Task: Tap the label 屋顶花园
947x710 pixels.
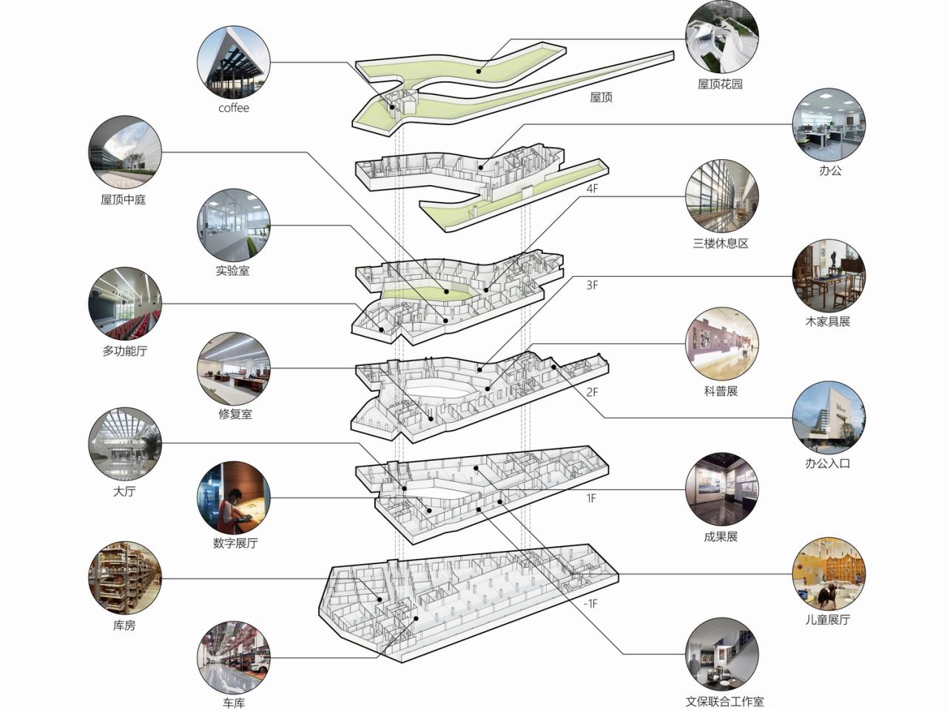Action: click(x=720, y=84)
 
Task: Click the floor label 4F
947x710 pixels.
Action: click(x=592, y=189)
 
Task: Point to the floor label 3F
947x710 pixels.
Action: click(x=592, y=285)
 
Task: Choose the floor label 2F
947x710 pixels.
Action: click(x=592, y=392)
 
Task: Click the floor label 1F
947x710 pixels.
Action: click(x=591, y=498)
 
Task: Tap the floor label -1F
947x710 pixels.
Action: click(x=590, y=604)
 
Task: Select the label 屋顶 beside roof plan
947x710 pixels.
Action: click(x=601, y=98)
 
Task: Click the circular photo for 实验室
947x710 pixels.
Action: click(x=233, y=224)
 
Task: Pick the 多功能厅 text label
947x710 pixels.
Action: click(x=124, y=351)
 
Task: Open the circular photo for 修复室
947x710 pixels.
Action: click(x=234, y=368)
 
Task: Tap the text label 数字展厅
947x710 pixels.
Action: click(x=235, y=543)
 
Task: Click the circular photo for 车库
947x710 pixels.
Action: click(x=234, y=657)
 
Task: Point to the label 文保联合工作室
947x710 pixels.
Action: click(x=724, y=701)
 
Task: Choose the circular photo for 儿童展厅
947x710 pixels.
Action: click(x=828, y=575)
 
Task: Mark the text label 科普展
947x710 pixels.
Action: click(x=721, y=391)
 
